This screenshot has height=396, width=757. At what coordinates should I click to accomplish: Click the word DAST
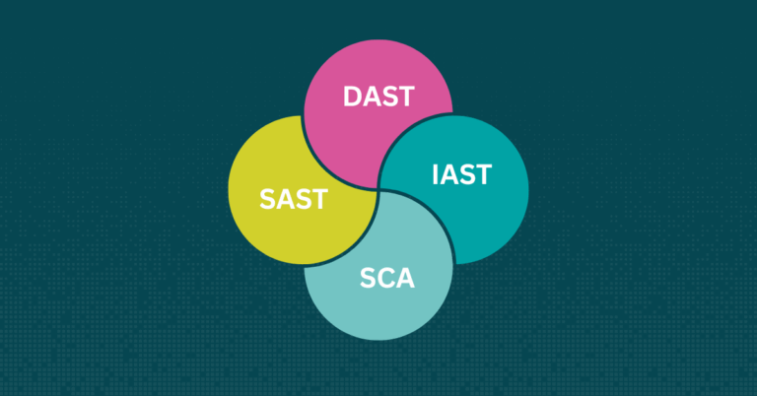[x=378, y=97]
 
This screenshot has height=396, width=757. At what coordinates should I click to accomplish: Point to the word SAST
[x=294, y=199]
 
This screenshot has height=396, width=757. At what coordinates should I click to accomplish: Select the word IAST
[x=462, y=174]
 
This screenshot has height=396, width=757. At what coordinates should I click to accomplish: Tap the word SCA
[x=387, y=279]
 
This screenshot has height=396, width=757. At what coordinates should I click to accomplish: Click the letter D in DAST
[x=353, y=97]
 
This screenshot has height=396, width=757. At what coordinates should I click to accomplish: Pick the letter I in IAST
[x=436, y=174]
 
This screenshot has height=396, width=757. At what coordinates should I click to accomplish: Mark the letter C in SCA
[x=387, y=279]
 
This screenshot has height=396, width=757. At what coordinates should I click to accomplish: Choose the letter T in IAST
[x=484, y=174]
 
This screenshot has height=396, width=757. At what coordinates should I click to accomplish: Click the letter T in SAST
[x=320, y=199]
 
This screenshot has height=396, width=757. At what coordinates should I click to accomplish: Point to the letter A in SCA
[x=406, y=279]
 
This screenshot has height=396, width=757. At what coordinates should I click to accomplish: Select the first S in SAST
[x=267, y=199]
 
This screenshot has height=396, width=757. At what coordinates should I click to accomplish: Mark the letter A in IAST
[x=449, y=174]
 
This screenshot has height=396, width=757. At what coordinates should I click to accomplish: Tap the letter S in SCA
[x=369, y=279]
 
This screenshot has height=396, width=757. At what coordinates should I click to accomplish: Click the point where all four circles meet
[x=378, y=190]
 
